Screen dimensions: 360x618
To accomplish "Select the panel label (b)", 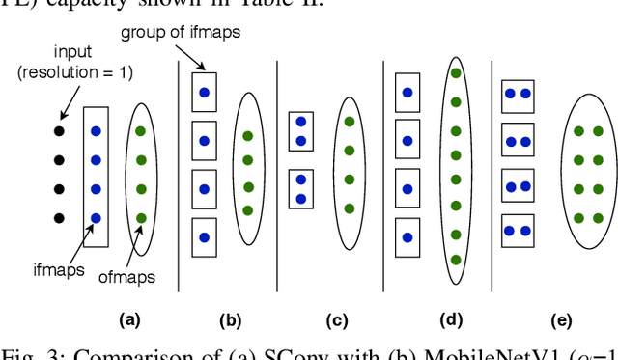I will click(229, 319).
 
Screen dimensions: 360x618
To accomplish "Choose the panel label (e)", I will click(561, 319).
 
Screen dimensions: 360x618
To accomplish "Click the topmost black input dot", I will click(58, 131).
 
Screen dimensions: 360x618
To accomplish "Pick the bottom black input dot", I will click(58, 218).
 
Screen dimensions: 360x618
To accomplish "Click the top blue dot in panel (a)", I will click(94, 131).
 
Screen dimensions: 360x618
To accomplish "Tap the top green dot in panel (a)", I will click(141, 131).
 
